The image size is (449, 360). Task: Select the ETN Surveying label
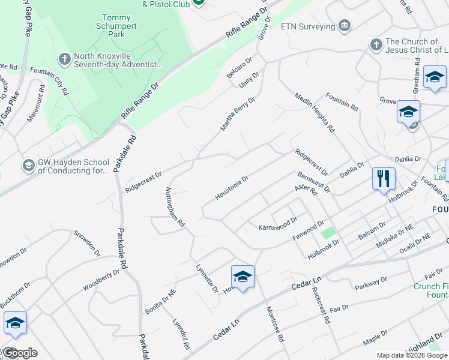tap(308, 27)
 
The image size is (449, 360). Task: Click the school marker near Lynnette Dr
tap(243, 277)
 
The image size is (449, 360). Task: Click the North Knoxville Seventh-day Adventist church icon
tap(65, 59)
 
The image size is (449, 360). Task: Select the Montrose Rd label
tap(275, 326)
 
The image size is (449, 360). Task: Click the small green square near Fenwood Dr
tap(327, 233)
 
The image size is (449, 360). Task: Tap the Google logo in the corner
tap(19, 353)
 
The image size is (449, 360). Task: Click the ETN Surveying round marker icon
tap(344, 26)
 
